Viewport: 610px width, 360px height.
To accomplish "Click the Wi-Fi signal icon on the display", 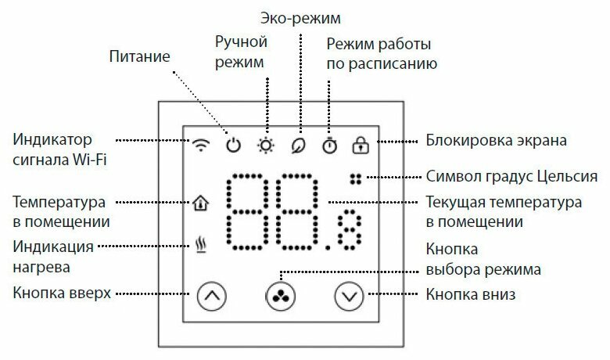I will pos(201,146).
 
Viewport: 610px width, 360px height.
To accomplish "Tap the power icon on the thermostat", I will pos(233,146).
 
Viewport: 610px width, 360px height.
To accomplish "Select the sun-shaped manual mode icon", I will pos(267,146).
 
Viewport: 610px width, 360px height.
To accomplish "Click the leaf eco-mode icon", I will pos(297,146).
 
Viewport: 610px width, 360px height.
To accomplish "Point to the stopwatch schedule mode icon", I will pos(329,145).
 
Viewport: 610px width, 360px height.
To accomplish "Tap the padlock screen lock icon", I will pos(361,145).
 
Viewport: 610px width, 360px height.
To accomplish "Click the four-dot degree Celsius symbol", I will pos(357,178).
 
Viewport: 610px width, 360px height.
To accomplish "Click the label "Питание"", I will pos(140,56).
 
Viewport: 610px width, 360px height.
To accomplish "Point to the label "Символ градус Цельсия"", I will pos(512,176).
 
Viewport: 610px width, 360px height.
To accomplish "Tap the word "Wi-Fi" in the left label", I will pos(91,161).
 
